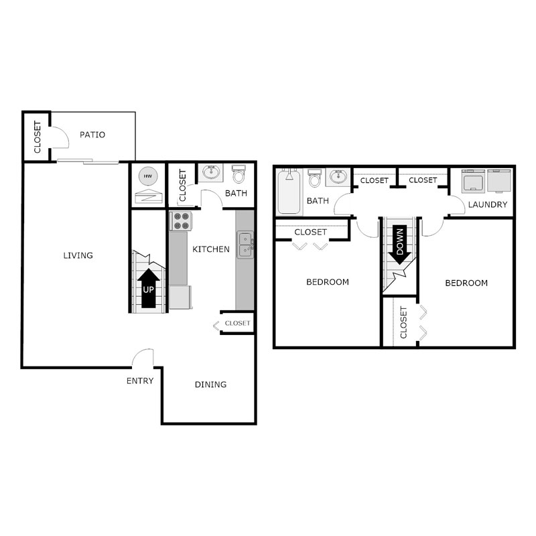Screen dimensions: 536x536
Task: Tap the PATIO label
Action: pyautogui.click(x=92, y=135)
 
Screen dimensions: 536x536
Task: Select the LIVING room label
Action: pyautogui.click(x=78, y=255)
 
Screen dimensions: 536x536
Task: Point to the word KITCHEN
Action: pyautogui.click(x=211, y=249)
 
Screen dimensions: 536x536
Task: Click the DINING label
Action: pyautogui.click(x=210, y=385)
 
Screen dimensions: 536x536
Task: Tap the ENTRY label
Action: pyautogui.click(x=140, y=381)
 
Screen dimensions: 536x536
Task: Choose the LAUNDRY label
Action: pyautogui.click(x=487, y=204)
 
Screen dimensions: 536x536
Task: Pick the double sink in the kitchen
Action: pyautogui.click(x=245, y=245)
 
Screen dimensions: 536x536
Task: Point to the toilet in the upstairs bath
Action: pyautogui.click(x=315, y=178)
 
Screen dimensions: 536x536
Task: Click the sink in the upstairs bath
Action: pyautogui.click(x=337, y=178)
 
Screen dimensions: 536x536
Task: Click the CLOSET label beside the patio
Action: pyautogui.click(x=38, y=137)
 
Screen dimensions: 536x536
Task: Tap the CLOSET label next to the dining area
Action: pyautogui.click(x=237, y=323)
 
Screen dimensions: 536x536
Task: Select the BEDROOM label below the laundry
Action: pyautogui.click(x=466, y=283)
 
